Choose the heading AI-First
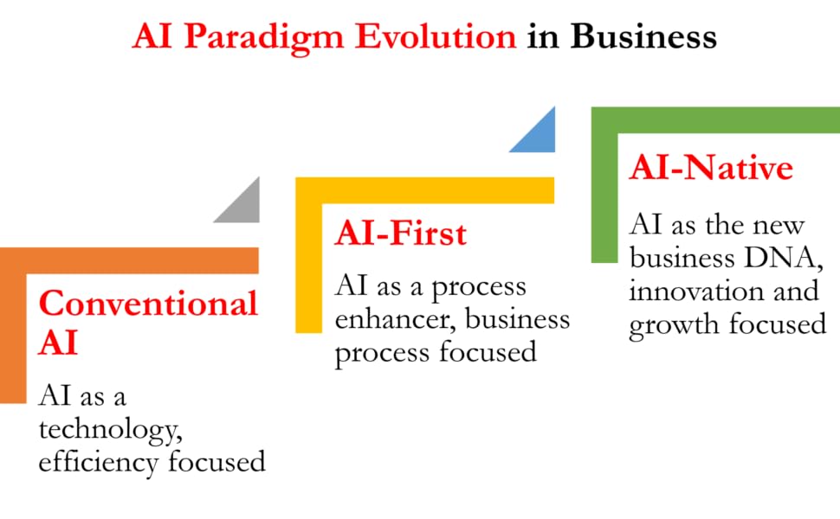coord(400,234)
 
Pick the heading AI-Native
coord(710,168)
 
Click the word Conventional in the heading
coord(148,304)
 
